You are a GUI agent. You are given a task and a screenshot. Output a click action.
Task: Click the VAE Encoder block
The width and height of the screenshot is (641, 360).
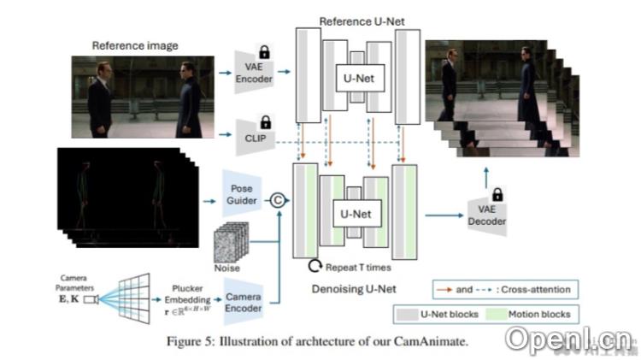[253, 72]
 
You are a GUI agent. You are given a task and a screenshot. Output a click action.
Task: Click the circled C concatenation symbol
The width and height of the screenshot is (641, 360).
[276, 201]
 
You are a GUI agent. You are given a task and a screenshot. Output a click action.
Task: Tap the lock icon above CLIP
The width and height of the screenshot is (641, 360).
[265, 121]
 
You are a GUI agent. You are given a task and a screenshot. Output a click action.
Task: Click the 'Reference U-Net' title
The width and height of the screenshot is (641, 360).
[358, 18]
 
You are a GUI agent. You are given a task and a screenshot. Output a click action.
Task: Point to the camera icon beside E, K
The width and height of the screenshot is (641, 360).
[91, 299]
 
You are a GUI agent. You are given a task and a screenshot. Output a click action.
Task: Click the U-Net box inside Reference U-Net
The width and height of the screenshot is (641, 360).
[358, 79]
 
